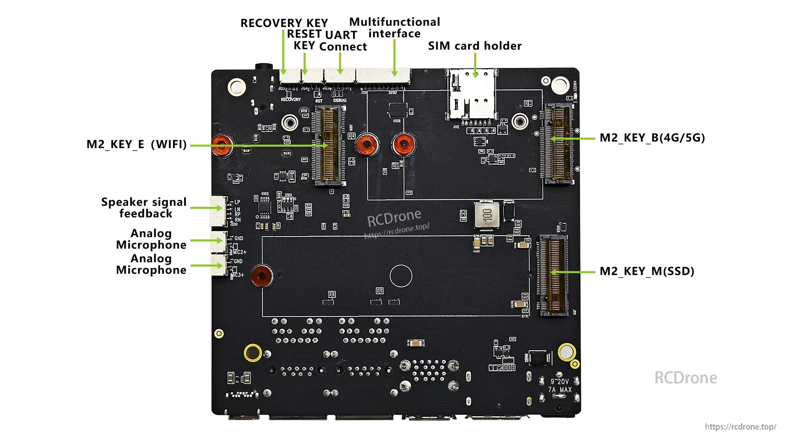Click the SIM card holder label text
(475, 46)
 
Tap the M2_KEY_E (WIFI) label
(136, 144)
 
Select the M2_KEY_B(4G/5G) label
(652, 138)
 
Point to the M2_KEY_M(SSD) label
(647, 271)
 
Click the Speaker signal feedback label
(144, 208)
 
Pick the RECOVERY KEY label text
(284, 23)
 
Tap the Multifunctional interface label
(394, 28)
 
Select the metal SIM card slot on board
(472, 97)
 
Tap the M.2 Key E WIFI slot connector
(329, 144)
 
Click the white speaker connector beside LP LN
(219, 211)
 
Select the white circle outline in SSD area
(400, 276)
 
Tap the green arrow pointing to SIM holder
(475, 65)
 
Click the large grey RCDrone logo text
(686, 378)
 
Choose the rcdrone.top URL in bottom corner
(740, 427)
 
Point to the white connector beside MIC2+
(218, 241)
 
